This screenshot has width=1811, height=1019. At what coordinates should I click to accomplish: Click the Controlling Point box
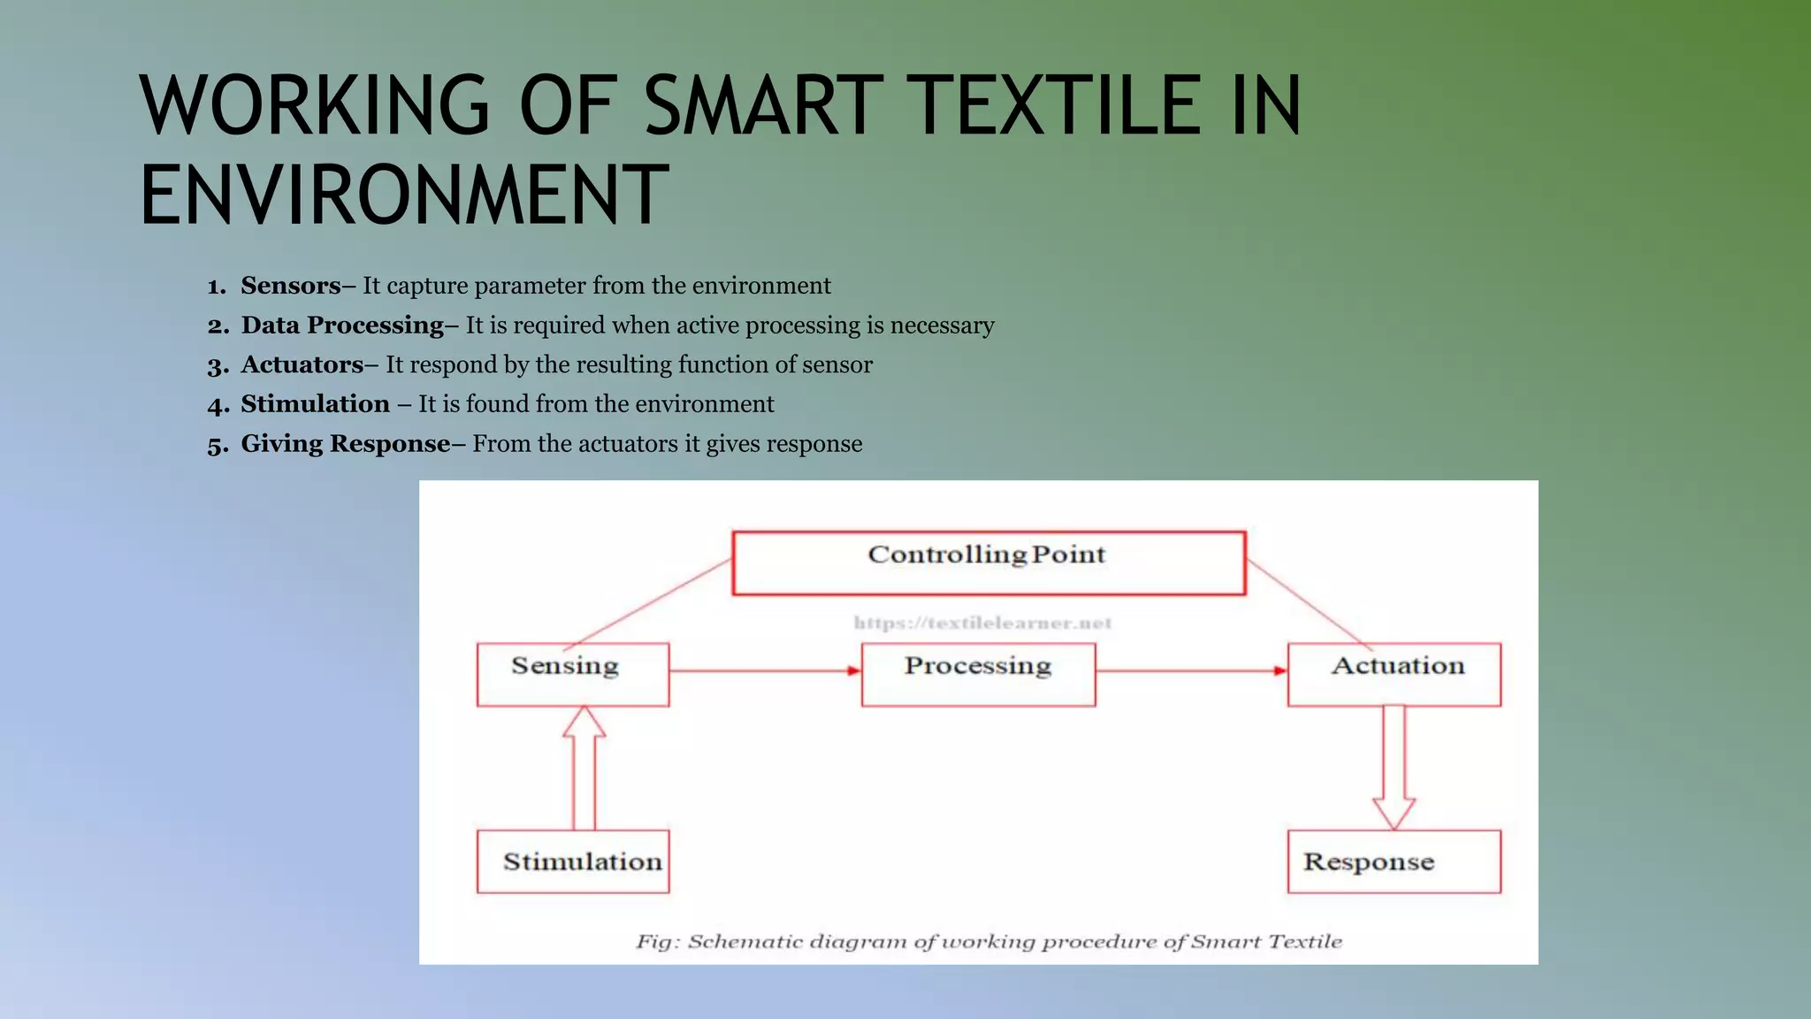click(989, 563)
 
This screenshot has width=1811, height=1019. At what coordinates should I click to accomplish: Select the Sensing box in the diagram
click(572, 674)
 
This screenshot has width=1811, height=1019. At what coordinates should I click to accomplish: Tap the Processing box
click(978, 674)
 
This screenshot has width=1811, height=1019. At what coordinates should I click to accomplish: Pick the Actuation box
click(1394, 674)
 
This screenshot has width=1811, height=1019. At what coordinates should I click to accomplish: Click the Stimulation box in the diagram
click(572, 862)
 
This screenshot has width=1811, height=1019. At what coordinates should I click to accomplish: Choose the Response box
click(1394, 862)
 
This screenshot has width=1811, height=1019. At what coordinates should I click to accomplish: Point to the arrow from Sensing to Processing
click(765, 670)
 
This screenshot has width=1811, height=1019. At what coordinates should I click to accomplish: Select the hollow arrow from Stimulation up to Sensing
click(585, 770)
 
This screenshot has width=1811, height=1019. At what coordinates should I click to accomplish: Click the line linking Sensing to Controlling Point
click(650, 603)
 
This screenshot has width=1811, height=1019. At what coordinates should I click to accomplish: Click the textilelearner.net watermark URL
click(982, 623)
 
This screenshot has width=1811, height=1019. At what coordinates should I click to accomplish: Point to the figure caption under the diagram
click(989, 941)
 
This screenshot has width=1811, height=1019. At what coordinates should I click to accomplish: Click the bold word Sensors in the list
click(290, 286)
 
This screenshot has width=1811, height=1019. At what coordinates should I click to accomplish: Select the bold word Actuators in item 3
click(302, 364)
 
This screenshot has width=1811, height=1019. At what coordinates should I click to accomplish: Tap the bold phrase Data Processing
click(342, 326)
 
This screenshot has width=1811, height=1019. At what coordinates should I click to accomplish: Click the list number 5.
click(217, 445)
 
